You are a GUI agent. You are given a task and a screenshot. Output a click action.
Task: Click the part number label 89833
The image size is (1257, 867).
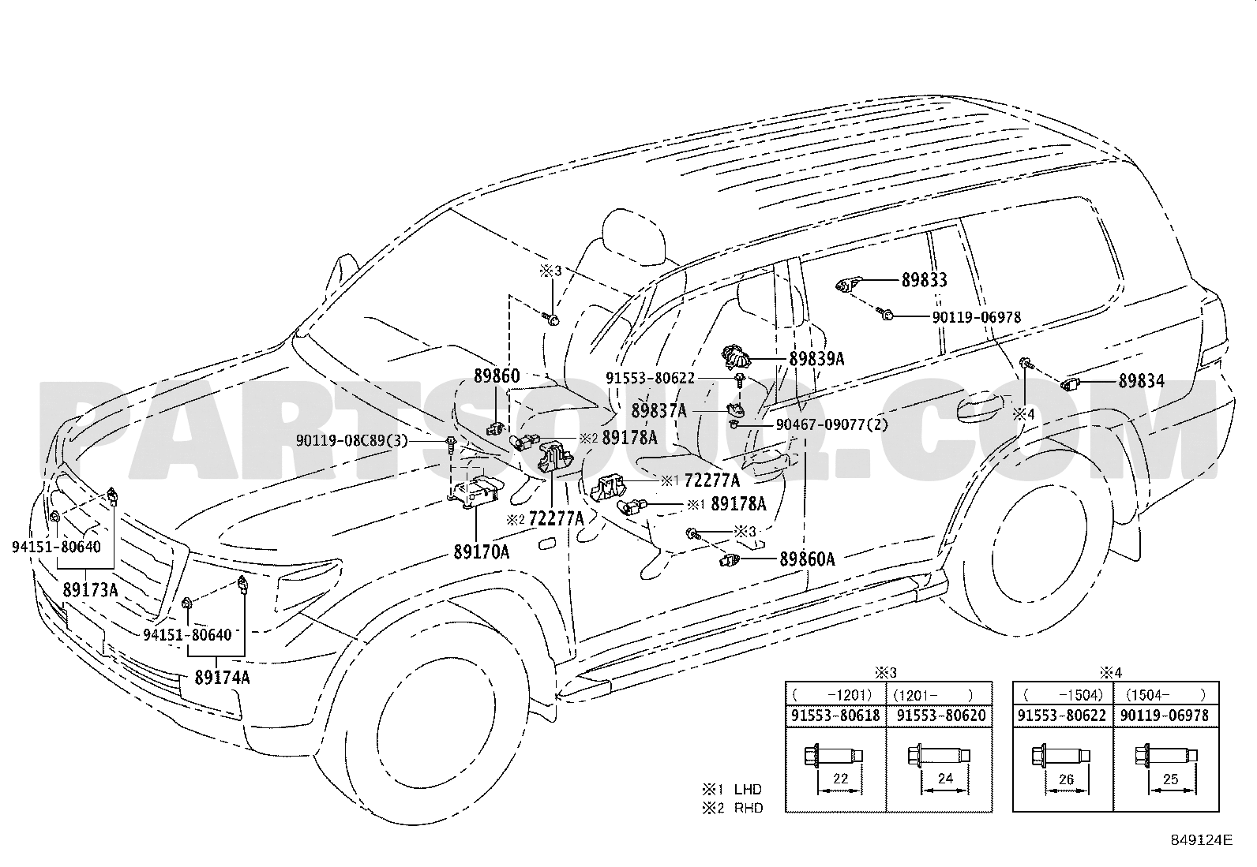[925, 280]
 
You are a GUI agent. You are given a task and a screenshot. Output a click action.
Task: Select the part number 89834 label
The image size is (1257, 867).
[1142, 381]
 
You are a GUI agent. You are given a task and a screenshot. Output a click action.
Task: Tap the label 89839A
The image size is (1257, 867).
[816, 358]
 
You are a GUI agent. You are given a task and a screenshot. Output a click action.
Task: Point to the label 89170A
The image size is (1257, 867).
[482, 552]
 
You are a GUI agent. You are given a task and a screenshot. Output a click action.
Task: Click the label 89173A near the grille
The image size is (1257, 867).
[90, 590]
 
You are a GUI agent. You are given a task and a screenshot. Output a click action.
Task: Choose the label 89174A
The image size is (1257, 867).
[222, 678]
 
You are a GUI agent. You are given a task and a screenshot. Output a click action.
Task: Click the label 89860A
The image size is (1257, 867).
[808, 559]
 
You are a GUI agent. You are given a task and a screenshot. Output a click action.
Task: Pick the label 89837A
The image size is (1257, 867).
[659, 410]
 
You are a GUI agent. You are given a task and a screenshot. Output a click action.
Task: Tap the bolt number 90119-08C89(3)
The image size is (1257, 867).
[352, 441]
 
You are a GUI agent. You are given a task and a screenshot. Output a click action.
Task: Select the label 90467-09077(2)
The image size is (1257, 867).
[832, 424]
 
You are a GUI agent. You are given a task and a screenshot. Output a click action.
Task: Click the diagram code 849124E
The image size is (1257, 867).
[1202, 839]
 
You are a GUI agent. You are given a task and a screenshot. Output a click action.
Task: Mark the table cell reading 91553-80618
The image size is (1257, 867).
[835, 716]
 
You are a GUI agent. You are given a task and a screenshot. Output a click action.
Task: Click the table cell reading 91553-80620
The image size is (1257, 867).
[941, 716]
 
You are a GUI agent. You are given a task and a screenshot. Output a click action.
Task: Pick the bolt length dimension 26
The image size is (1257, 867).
[1066, 779]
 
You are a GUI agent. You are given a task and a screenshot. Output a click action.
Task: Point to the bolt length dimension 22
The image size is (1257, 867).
[841, 779]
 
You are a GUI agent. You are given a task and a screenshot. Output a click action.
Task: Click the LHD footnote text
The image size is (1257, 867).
[748, 790]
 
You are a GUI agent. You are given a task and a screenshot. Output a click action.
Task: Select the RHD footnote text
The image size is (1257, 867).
[749, 808]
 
